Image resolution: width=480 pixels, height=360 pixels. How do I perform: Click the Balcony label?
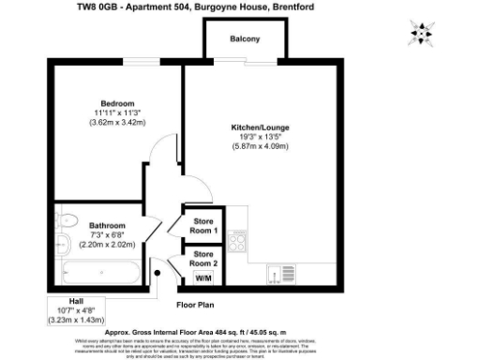245,39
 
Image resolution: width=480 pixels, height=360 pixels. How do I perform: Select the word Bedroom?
119,102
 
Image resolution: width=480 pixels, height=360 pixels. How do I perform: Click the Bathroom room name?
107,225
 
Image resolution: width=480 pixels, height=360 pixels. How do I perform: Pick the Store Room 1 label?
203,226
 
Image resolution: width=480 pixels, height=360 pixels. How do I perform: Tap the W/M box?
203,277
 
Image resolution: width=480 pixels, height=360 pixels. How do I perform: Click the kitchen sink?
273,276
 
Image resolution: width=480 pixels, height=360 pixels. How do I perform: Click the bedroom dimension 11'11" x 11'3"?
119,112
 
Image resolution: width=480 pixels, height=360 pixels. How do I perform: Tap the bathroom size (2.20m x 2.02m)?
107,245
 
